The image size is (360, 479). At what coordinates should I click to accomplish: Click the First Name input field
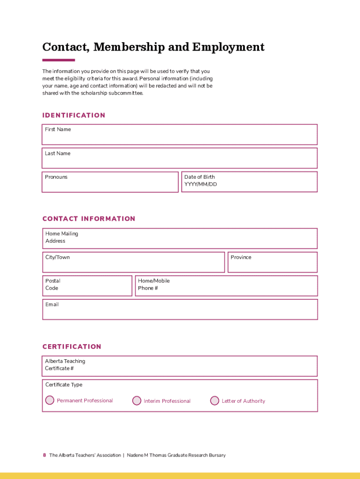point(180,135)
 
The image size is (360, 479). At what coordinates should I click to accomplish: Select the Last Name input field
point(180,159)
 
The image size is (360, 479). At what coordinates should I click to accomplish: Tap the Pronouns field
point(110,182)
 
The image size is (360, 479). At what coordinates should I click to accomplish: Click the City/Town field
point(134,263)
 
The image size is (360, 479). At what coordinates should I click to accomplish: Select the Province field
point(272,263)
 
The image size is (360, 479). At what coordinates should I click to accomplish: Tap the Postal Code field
point(87,286)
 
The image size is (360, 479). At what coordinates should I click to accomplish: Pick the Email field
point(180,310)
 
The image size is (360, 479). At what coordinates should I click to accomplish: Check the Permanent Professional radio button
point(50,400)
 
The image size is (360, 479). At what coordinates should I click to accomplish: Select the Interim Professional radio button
point(137,401)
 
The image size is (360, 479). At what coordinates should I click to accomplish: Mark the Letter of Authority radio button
point(215,401)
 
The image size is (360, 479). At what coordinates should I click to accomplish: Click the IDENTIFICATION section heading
point(74,116)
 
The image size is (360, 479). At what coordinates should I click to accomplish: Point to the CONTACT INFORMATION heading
point(89,219)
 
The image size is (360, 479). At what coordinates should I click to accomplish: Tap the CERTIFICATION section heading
point(72,347)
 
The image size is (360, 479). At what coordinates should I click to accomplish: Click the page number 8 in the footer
point(44,455)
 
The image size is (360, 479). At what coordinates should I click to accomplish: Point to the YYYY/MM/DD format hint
point(201,184)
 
